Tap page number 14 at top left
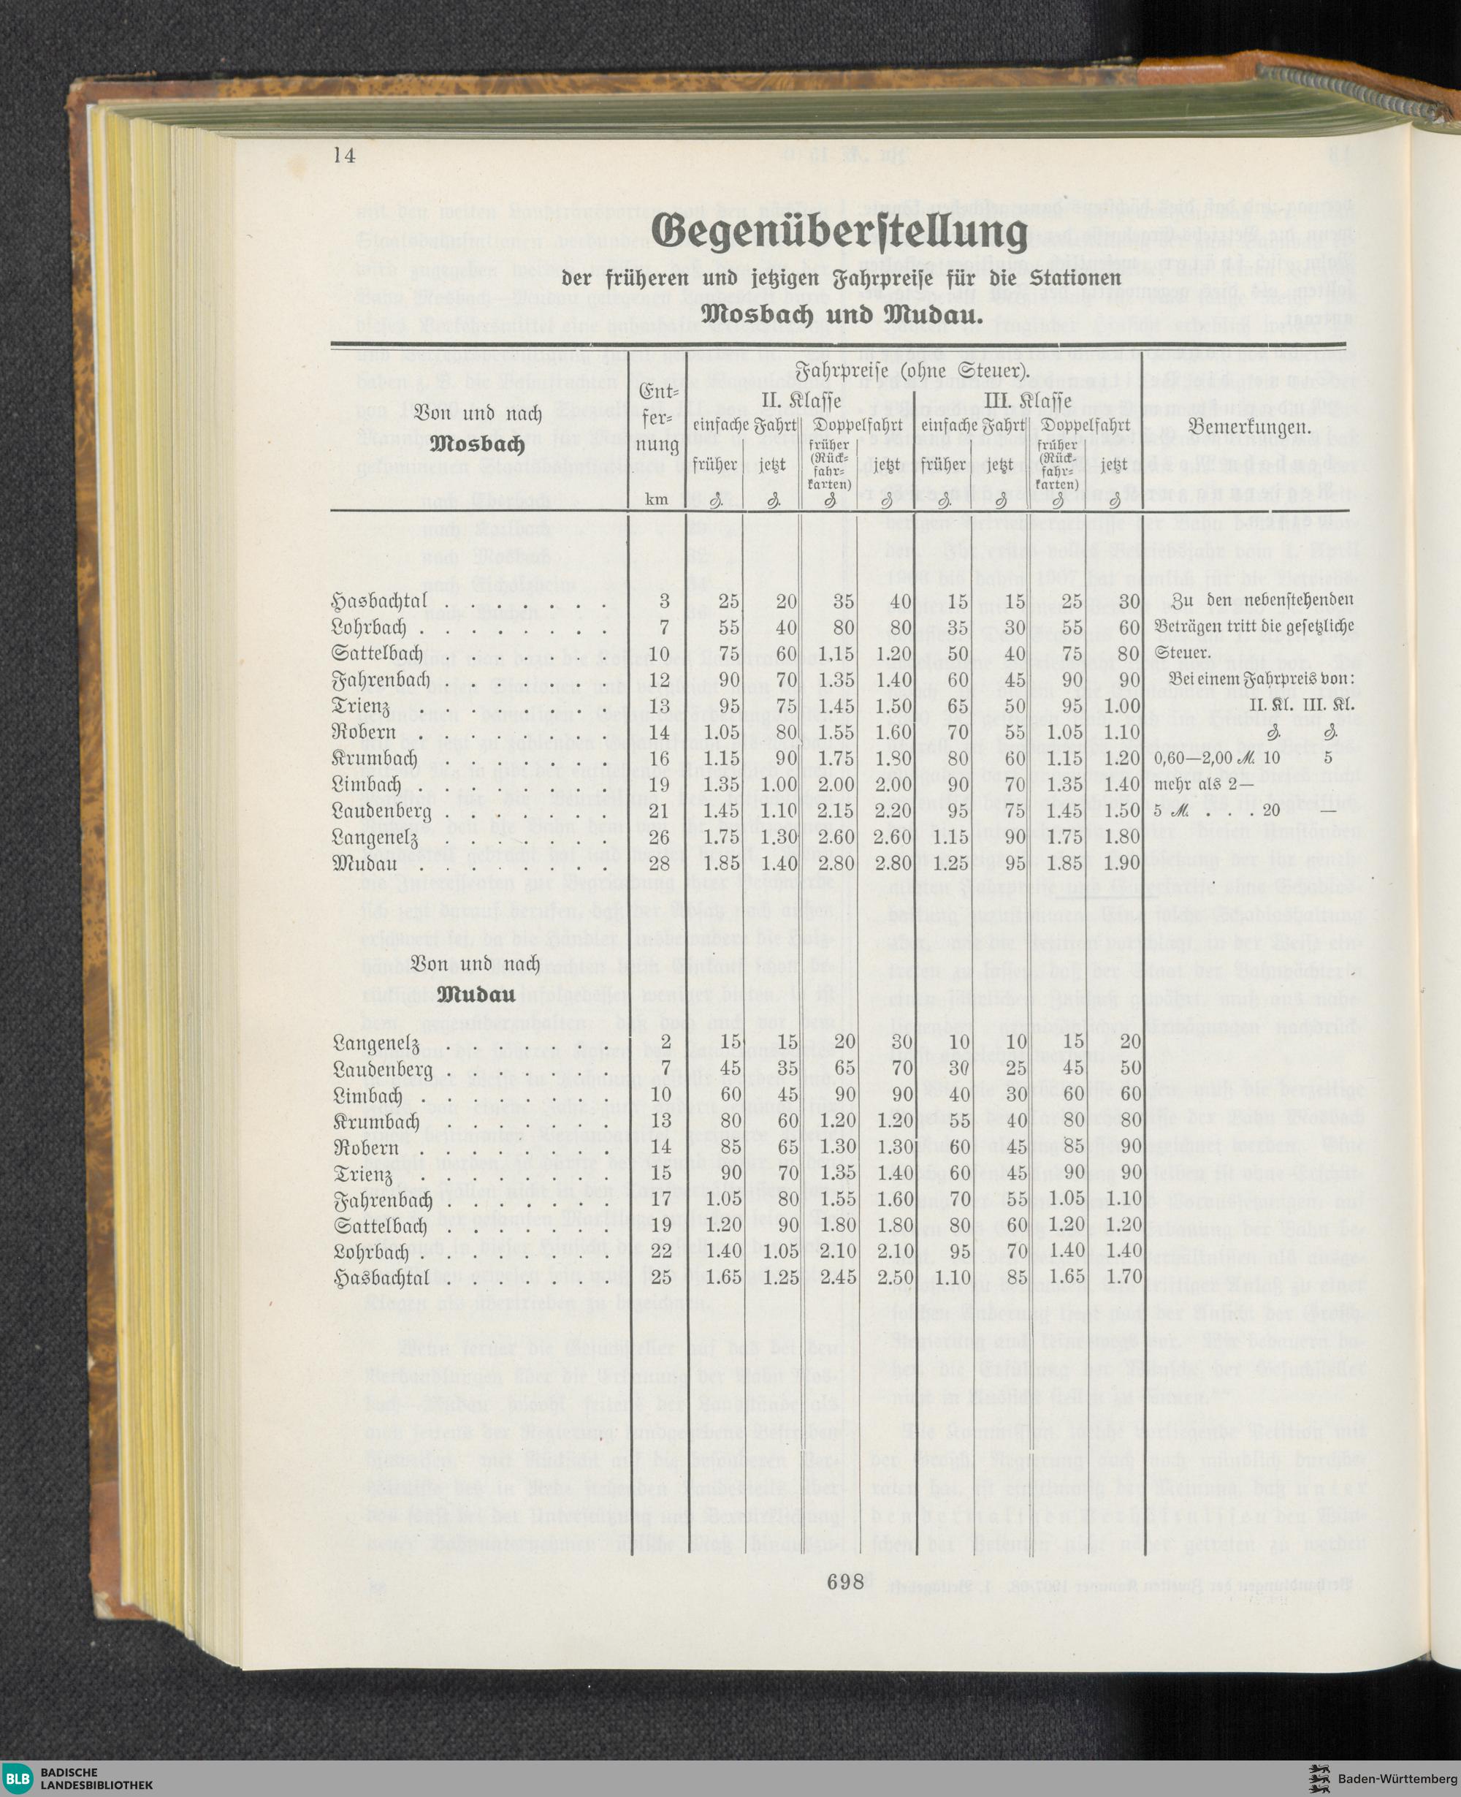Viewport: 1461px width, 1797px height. [344, 155]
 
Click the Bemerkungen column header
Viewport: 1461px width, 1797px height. [1250, 428]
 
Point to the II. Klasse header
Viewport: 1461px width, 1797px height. [801, 399]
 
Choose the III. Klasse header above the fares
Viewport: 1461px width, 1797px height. [1029, 399]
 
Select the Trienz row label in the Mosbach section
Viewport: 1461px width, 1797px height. [362, 706]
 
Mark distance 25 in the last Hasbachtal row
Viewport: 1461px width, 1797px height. [660, 1277]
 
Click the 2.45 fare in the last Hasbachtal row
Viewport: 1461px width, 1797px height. [836, 1277]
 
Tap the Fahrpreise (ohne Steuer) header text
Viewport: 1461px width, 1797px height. [912, 370]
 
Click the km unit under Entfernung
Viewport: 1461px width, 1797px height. [657, 499]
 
